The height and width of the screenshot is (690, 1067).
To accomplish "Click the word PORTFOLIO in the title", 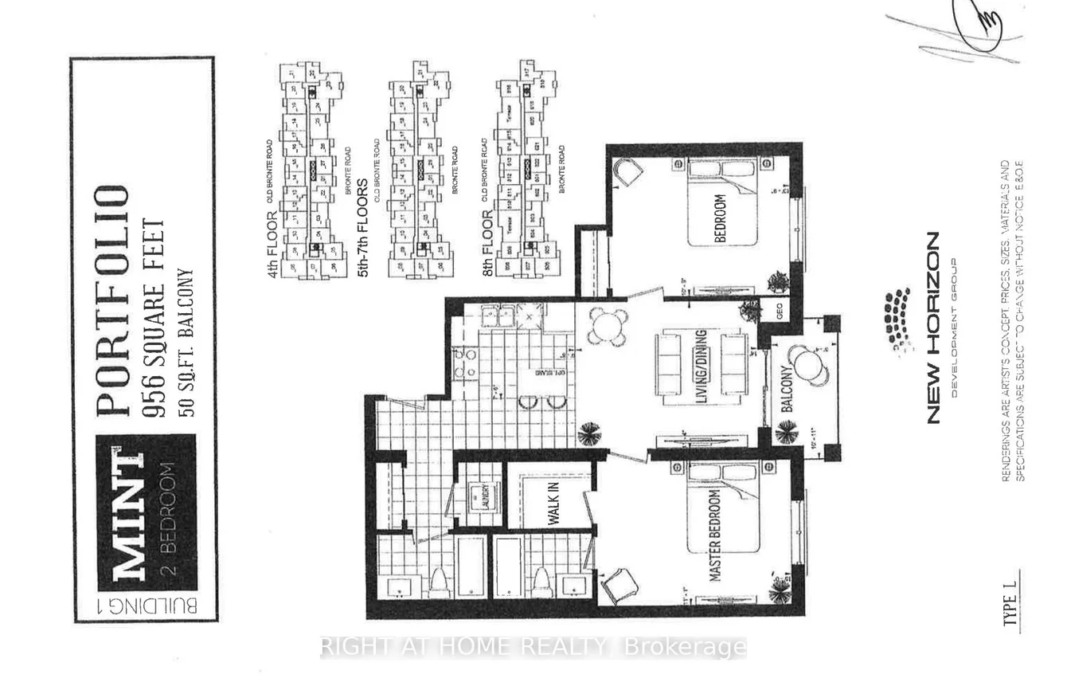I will point(112,300).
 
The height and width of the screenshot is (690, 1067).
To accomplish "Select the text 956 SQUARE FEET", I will point(154,308).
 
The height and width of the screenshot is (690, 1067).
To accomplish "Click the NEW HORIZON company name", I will point(933,327).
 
